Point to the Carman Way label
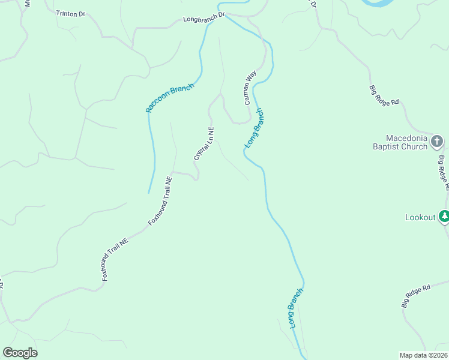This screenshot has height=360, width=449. [250, 88]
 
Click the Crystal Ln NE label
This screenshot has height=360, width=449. [204, 143]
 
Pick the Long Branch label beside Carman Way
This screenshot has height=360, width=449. [254, 128]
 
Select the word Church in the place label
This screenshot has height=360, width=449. [411, 146]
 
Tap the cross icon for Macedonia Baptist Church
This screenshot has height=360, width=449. [438, 142]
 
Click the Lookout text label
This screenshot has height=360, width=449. [420, 217]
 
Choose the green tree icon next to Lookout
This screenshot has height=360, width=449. [444, 216]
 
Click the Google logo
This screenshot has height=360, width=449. [20, 353]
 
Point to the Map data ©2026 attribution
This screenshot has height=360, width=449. [423, 355]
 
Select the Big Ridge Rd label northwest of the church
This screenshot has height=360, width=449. [384, 95]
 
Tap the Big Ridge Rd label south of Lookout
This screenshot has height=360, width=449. [416, 296]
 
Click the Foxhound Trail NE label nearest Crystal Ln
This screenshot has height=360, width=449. [160, 201]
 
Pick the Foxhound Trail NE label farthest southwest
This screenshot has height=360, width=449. [115, 260]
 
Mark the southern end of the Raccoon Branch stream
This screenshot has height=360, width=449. [149, 193]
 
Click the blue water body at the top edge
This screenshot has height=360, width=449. [379, 3]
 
